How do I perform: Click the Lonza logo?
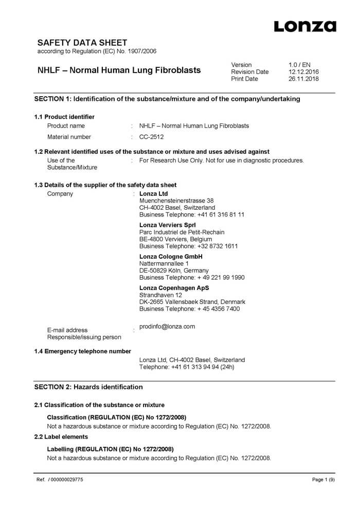304,26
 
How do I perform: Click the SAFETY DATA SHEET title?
82,43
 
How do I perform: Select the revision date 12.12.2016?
303,72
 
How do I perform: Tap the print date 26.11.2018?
303,79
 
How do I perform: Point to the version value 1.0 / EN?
299,65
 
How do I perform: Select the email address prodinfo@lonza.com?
167,326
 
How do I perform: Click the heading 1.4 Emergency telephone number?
83,351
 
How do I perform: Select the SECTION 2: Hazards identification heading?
88,387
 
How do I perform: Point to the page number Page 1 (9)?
323,480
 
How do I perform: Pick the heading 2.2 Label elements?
61,437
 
